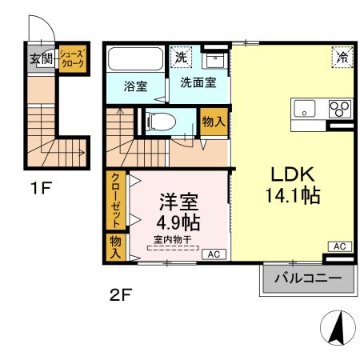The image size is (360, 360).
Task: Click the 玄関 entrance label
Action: [x=41, y=58]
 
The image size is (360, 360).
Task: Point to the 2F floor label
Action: [x=120, y=294]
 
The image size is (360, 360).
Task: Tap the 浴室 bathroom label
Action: [x=135, y=86]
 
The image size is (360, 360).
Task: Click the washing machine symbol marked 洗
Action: [x=182, y=58]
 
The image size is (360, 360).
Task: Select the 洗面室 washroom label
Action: [x=198, y=82]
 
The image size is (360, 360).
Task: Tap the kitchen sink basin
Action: [x=307, y=109]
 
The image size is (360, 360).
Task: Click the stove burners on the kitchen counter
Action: [x=339, y=109]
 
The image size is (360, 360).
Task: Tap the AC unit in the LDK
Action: [x=338, y=246]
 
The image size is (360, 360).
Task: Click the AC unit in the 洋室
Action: [x=214, y=254]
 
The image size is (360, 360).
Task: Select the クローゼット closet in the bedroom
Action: [x=115, y=200]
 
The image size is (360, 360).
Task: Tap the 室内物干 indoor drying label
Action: [x=173, y=238]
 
